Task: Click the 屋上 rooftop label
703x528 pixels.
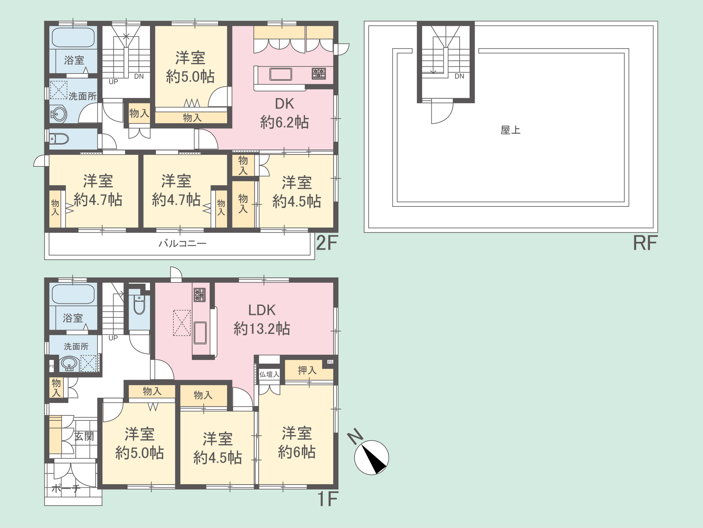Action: click(x=511, y=130)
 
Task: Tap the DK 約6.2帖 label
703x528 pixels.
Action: click(x=284, y=113)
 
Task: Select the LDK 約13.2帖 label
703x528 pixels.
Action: click(x=262, y=320)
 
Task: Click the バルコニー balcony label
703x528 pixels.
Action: click(x=182, y=244)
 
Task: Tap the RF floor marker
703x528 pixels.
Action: click(x=645, y=243)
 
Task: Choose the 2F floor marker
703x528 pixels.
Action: click(x=327, y=243)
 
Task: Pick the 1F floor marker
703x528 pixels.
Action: click(x=328, y=499)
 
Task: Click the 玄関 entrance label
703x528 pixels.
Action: click(x=84, y=436)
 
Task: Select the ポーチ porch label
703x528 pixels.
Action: click(x=66, y=488)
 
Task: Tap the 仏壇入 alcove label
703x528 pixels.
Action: click(x=269, y=374)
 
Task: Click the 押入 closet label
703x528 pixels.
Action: click(x=307, y=370)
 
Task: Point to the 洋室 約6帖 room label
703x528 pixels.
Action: click(x=297, y=442)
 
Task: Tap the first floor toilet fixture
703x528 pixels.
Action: click(x=139, y=305)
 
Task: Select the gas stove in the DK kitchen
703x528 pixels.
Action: click(x=319, y=74)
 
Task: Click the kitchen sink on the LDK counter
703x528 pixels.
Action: click(x=200, y=333)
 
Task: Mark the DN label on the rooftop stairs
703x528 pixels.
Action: click(x=459, y=76)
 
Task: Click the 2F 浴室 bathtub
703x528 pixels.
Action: click(x=73, y=38)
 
